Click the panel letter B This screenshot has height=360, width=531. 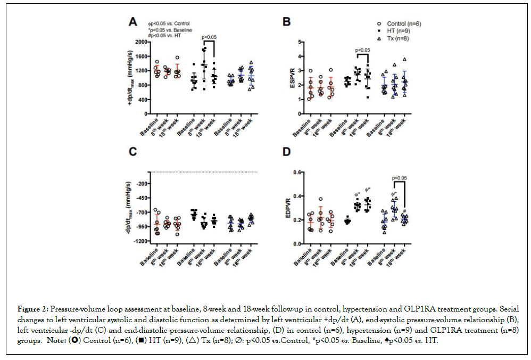click(286, 22)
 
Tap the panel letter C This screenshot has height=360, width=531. click(134, 153)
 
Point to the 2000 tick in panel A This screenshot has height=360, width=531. click(141, 42)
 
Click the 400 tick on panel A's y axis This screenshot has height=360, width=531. click(143, 100)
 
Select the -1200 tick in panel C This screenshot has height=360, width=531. click(140, 241)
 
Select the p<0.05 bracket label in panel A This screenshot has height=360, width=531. click(209, 37)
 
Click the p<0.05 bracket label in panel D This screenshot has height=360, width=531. click(400, 178)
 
